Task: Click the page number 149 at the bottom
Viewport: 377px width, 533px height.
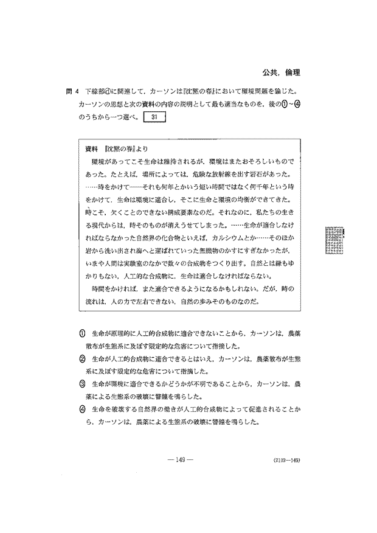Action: click(180, 460)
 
